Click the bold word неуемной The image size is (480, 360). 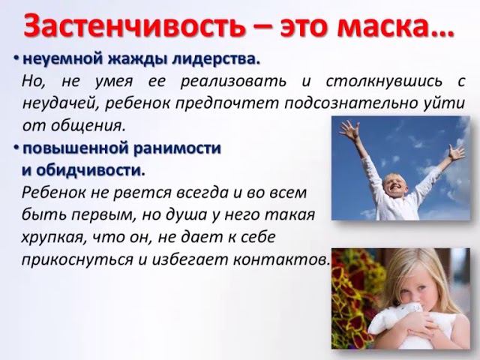(x=57, y=58)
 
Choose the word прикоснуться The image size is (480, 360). (x=68, y=259)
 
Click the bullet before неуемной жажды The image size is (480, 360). (x=16, y=58)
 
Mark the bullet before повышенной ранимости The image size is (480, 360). (x=16, y=148)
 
